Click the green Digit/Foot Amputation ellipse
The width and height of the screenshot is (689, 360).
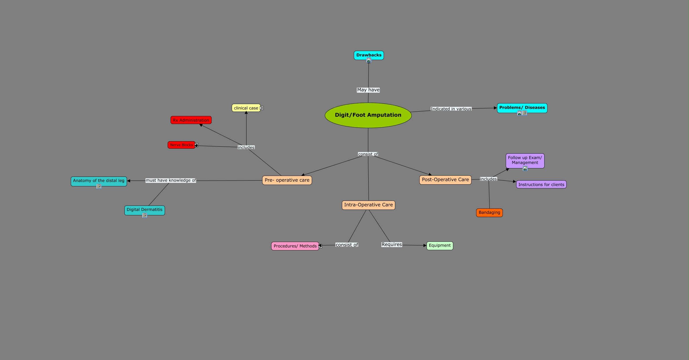368,115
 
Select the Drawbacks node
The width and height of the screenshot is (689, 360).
369,55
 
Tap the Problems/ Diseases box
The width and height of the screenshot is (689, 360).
522,108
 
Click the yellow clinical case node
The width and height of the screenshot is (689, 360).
246,108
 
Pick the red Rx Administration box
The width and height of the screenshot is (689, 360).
191,120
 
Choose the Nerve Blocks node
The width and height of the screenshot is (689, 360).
181,145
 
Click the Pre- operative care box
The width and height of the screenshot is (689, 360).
287,180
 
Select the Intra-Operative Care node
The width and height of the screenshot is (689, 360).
368,205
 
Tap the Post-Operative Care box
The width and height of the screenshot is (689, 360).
445,180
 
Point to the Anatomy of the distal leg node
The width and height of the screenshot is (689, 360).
99,181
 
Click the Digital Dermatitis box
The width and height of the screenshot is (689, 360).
144,210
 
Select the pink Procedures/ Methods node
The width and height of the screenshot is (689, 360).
295,246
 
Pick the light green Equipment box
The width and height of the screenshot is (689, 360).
440,246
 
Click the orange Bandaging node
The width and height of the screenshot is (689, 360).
489,212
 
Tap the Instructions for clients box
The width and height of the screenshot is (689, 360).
541,184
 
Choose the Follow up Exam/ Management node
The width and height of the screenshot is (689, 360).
525,160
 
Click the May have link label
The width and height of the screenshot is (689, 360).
368,90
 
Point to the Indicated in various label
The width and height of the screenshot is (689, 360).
451,109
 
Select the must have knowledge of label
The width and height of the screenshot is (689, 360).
171,180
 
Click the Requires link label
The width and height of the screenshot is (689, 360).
391,245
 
